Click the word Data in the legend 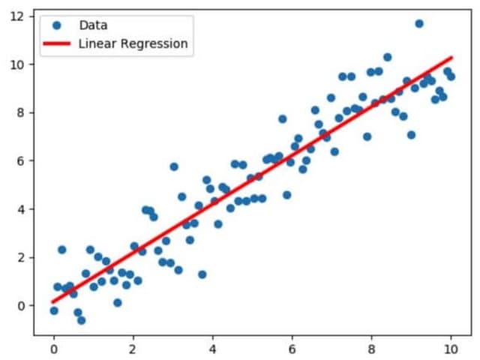(x=93, y=25)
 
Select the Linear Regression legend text (x=133, y=43)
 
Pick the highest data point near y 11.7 (x=419, y=24)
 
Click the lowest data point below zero (x=81, y=320)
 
